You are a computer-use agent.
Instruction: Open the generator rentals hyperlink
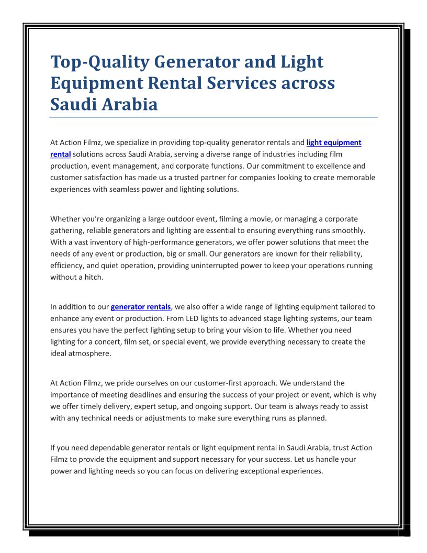coord(141,307)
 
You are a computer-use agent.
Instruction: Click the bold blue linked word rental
coord(60,154)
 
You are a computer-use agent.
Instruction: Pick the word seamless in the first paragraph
coord(142,189)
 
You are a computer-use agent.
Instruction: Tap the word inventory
coord(104,242)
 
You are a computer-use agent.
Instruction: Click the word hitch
coord(92,277)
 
